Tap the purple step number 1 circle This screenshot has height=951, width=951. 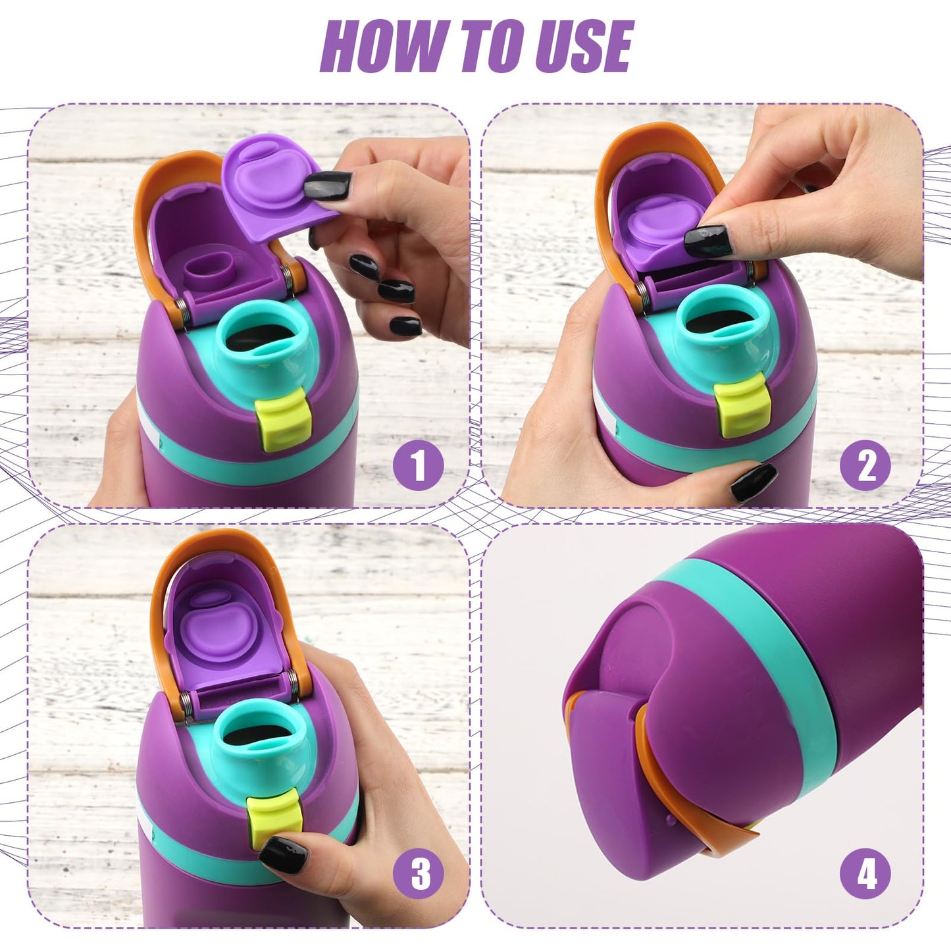click(x=419, y=465)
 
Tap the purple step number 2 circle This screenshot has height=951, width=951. click(x=866, y=465)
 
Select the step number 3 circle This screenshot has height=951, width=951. click(x=419, y=874)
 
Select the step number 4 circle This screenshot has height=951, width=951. click(x=866, y=874)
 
